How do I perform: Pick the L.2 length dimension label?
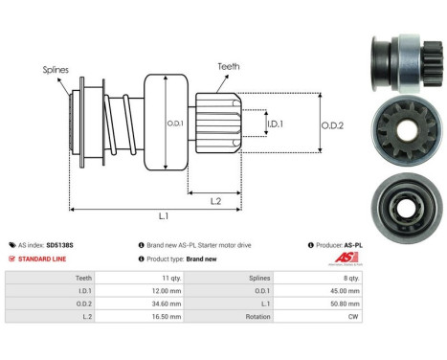coord(217,199)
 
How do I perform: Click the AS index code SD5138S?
coord(57,245)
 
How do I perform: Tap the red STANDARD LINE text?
coord(43,259)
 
